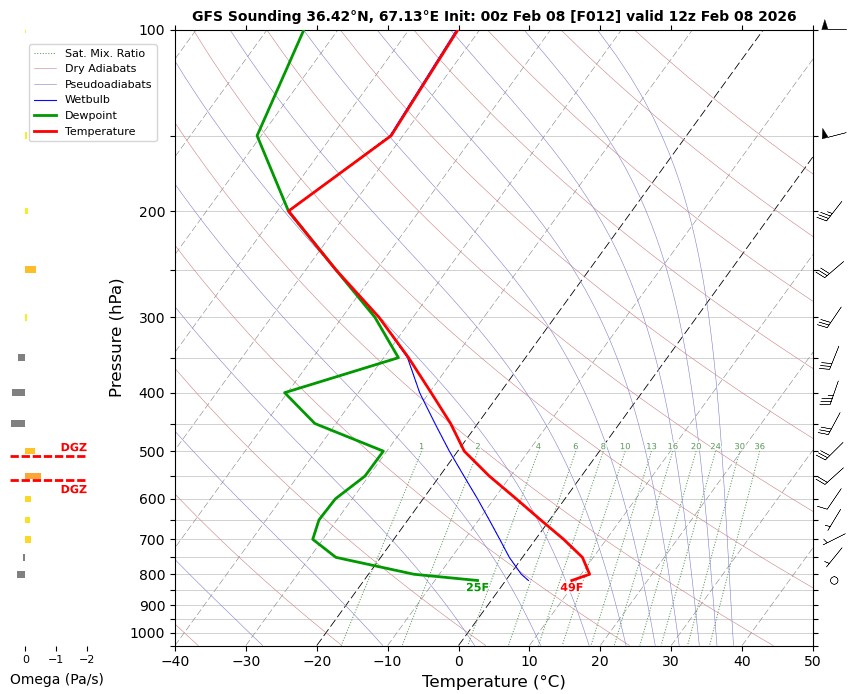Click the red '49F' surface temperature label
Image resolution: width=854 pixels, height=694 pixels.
tap(571, 587)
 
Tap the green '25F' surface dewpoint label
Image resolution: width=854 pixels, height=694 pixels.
tap(477, 587)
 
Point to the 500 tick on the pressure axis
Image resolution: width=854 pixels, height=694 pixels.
tap(152, 452)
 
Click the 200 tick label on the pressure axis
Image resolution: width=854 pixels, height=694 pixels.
tap(152, 212)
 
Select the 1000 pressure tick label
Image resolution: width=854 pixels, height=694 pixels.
tap(148, 633)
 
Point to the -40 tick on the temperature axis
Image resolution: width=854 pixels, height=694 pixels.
tap(175, 660)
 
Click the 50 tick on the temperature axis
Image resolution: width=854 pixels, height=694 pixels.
tap(813, 660)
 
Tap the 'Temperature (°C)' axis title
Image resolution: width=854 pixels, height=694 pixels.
tap(494, 681)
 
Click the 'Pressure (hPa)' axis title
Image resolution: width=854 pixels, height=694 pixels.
tap(116, 337)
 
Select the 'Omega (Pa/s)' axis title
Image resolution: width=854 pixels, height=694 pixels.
tap(56, 679)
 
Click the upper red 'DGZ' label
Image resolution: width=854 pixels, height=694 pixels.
tap(74, 447)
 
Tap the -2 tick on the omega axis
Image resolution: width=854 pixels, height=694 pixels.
tap(86, 660)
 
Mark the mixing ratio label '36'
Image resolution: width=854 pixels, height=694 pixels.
tap(760, 446)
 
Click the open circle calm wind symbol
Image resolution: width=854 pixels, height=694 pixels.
tap(834, 580)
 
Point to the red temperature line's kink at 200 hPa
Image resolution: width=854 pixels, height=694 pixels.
tap(289, 212)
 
